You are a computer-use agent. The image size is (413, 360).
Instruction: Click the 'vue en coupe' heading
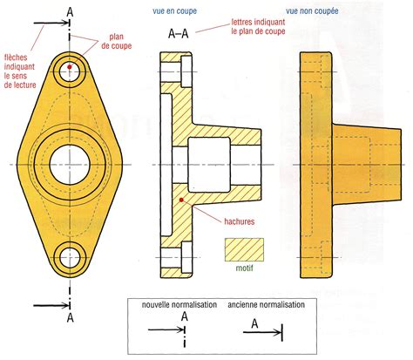tap(174, 11)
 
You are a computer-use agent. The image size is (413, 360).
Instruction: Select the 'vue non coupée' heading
tap(312, 11)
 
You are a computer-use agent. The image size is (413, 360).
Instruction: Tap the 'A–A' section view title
tap(179, 34)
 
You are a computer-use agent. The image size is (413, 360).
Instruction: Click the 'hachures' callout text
tap(240, 221)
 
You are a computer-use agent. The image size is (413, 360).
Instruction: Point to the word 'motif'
tap(244, 268)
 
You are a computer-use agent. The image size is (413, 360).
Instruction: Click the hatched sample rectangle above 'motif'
tap(244, 249)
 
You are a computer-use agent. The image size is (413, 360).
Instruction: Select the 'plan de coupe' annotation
tap(117, 41)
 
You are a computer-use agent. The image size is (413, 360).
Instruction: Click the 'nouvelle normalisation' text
tap(179, 305)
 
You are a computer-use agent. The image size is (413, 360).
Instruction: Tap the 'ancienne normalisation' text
tap(267, 305)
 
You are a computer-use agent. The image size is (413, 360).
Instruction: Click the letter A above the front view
tap(70, 12)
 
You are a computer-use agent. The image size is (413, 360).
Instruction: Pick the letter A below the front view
tap(71, 317)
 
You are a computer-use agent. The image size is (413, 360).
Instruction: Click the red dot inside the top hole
tap(70, 67)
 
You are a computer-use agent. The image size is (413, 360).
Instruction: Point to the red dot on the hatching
tap(181, 200)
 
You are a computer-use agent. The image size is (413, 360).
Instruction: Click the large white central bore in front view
tap(70, 165)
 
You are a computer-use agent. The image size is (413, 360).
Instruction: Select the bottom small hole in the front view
tap(70, 258)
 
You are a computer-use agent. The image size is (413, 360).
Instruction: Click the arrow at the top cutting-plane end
tap(51, 23)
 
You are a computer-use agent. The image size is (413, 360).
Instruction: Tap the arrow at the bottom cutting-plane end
tap(51, 306)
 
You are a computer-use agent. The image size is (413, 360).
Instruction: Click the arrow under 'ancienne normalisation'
tap(262, 332)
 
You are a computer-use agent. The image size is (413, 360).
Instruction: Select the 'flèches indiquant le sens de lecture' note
tap(20, 71)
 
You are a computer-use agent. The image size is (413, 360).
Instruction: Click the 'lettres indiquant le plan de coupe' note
tap(258, 27)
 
